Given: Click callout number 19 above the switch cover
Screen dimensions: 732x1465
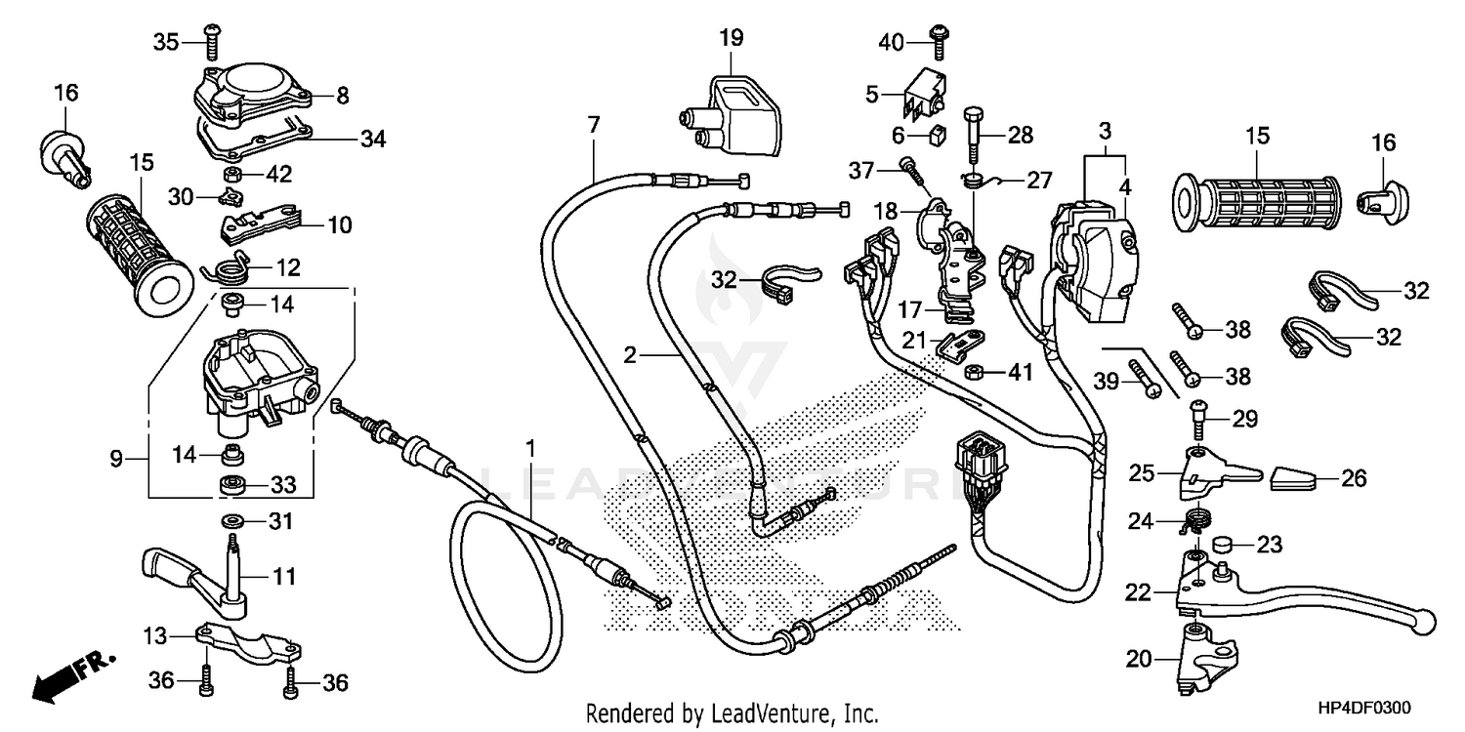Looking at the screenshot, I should (732, 39).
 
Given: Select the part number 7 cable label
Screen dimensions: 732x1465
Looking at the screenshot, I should (593, 124).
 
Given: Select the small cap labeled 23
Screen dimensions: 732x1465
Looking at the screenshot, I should (1221, 544).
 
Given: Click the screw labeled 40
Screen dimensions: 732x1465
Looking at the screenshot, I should (938, 40).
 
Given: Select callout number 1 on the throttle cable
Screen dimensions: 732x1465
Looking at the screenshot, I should (530, 449).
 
